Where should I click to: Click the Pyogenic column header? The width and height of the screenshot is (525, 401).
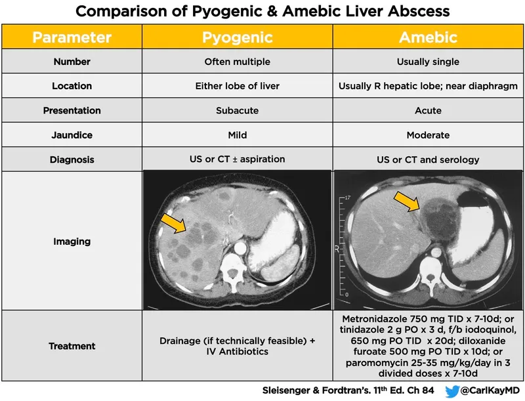pyautogui.click(x=237, y=37)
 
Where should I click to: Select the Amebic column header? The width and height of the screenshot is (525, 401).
pyautogui.click(x=428, y=37)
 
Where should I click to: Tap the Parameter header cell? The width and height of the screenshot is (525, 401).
pyautogui.click(x=73, y=37)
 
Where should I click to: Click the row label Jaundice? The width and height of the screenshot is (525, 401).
pyautogui.click(x=73, y=135)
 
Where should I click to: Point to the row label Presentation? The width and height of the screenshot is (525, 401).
pyautogui.click(x=73, y=110)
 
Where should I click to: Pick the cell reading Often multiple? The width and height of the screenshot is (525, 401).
pyautogui.click(x=237, y=62)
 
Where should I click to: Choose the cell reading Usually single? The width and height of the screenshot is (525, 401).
pyautogui.click(x=428, y=62)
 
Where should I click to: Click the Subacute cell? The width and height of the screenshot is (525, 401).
pyautogui.click(x=237, y=110)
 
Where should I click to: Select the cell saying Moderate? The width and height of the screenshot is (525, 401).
pyautogui.click(x=428, y=135)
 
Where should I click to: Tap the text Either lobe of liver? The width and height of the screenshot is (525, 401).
pyautogui.click(x=237, y=86)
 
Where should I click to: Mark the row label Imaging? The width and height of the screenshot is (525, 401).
pyautogui.click(x=73, y=242)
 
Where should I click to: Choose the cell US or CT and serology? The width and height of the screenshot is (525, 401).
pyautogui.click(x=428, y=159)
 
